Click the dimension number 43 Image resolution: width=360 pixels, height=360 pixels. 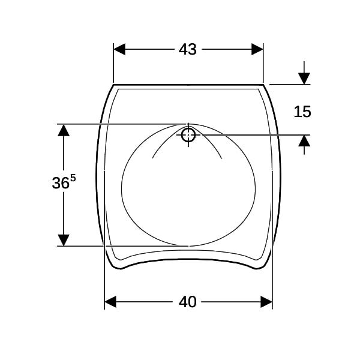(x=188, y=49)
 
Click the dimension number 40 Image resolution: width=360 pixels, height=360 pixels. (x=188, y=302)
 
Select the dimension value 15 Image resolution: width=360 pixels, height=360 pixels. (x=302, y=112)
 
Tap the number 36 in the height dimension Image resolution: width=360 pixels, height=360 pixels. (x=61, y=183)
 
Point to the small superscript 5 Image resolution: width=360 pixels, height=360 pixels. (x=73, y=178)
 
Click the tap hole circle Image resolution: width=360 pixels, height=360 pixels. (x=188, y=135)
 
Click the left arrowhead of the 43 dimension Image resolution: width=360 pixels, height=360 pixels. (x=119, y=49)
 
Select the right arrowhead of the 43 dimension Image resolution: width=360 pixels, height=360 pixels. (x=257, y=49)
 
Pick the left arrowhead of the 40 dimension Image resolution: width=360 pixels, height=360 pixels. (x=110, y=302)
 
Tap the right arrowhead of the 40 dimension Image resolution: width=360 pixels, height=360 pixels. (x=266, y=302)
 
